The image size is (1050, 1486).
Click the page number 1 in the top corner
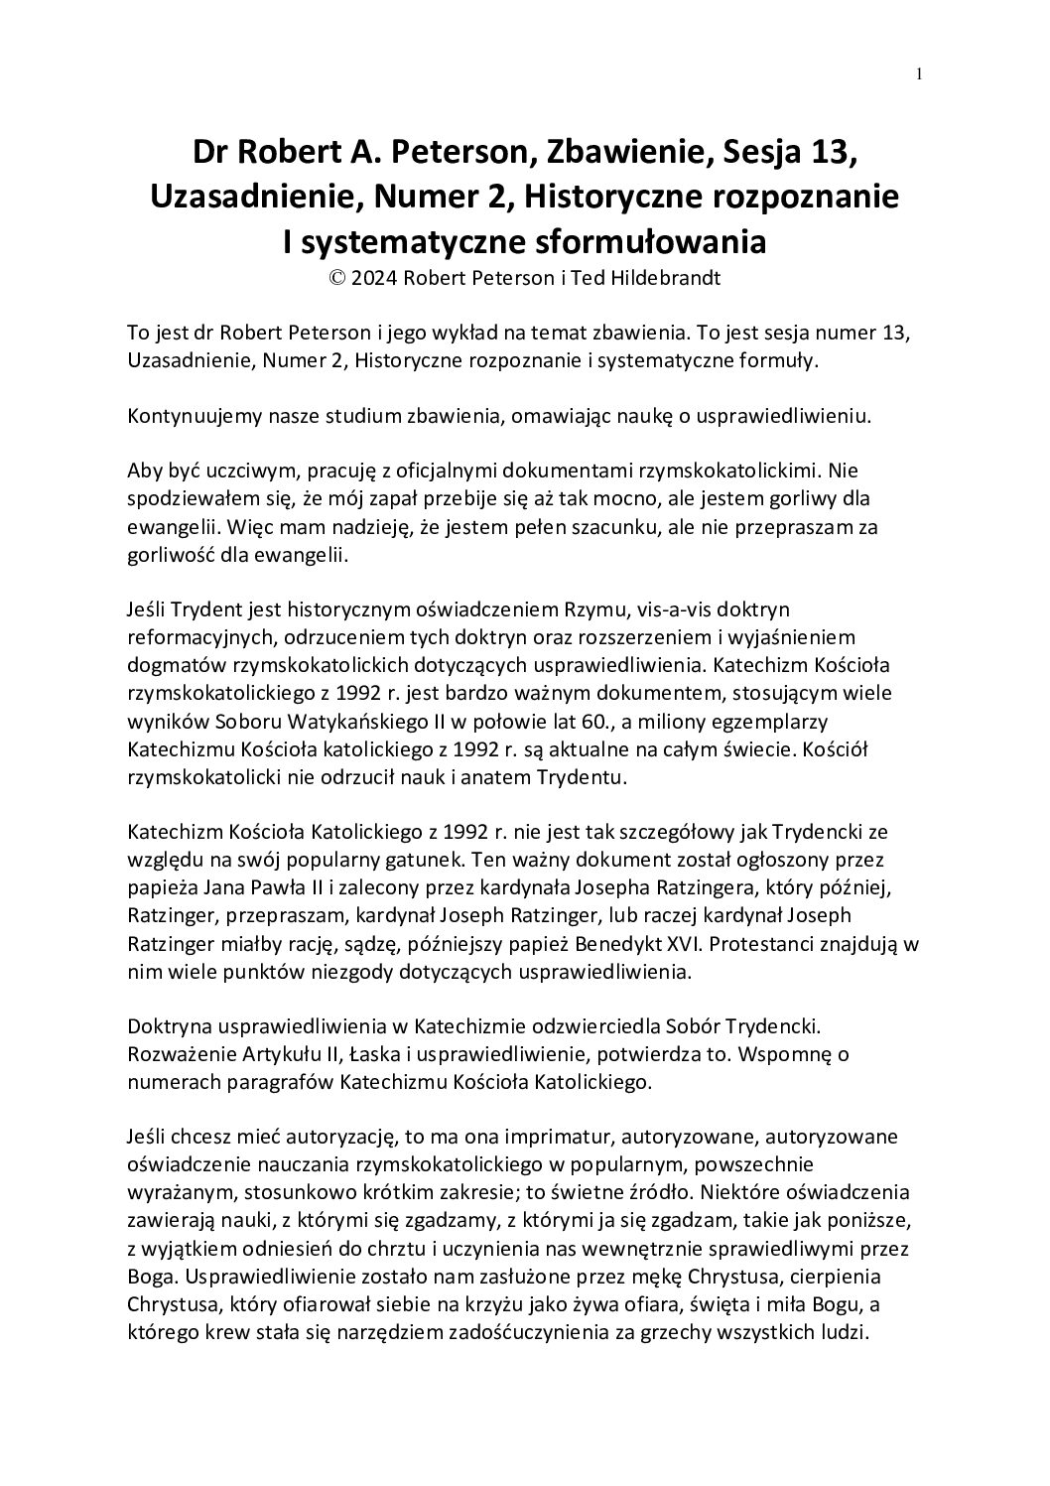pyautogui.click(x=920, y=72)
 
